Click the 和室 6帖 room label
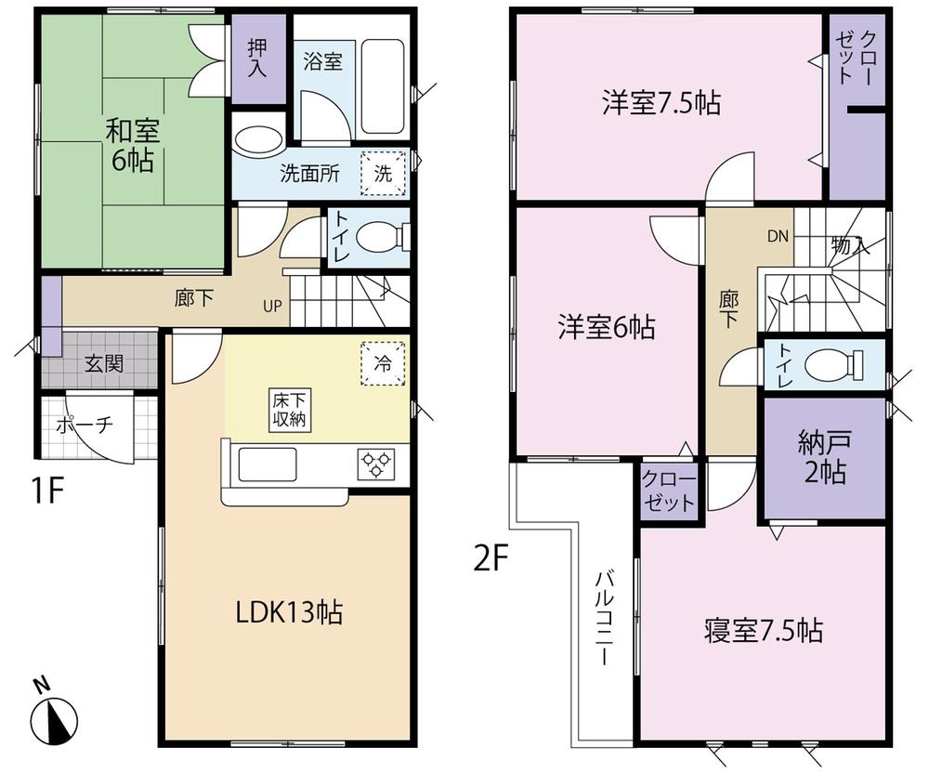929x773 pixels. click(x=133, y=144)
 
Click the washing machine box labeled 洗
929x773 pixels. click(x=384, y=173)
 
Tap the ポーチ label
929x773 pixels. click(x=85, y=425)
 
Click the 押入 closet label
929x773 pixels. click(x=257, y=59)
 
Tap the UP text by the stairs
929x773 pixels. click(x=277, y=305)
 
